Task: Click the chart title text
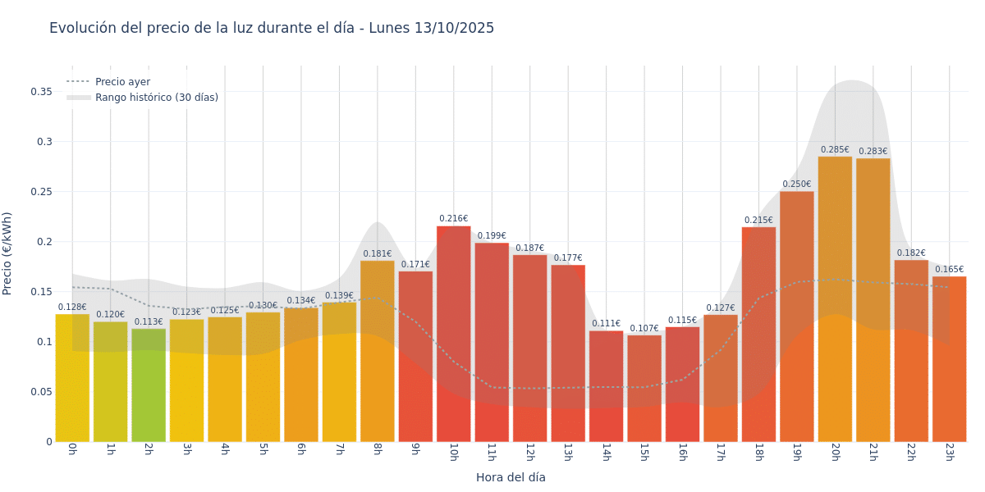(272, 28)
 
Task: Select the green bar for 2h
(149, 385)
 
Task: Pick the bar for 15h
(644, 389)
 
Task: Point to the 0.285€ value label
(835, 150)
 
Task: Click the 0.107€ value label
(644, 329)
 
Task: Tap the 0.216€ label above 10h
(453, 219)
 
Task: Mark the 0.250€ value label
(796, 184)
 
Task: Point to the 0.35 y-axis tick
(42, 92)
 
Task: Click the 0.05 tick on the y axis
(42, 392)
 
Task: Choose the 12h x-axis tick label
(529, 452)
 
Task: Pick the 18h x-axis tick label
(758, 452)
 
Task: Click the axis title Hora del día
(511, 477)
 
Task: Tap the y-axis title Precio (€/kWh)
(8, 253)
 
